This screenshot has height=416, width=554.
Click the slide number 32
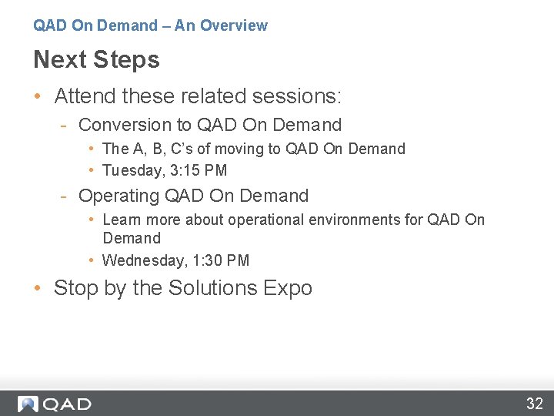535,403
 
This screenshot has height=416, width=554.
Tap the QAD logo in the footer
55,404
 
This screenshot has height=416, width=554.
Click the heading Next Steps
96,59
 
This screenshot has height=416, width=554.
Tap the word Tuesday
131,170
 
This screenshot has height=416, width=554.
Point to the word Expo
287,288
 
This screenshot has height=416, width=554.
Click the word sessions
300,96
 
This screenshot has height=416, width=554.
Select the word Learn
122,220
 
